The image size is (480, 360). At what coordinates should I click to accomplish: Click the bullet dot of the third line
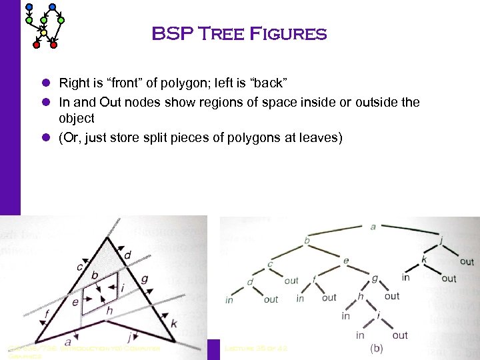point(46,139)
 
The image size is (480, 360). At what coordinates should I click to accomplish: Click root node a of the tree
point(373,227)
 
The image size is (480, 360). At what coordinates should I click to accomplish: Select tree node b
point(307,240)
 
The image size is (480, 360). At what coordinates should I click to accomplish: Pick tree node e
point(345,261)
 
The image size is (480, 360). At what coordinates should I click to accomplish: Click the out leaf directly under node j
point(467,262)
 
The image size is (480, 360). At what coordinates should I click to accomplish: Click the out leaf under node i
point(400,335)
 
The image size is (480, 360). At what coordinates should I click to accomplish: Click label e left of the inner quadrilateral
point(75,302)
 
